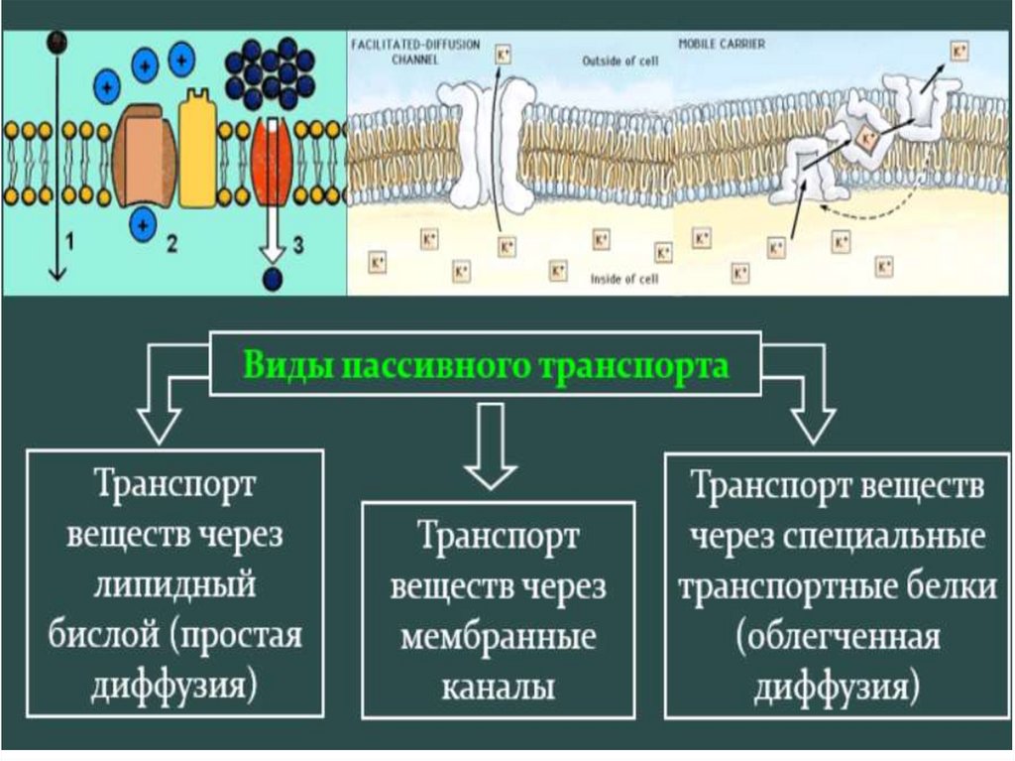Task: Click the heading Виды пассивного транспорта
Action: coord(486,365)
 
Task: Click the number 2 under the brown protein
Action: coord(170,244)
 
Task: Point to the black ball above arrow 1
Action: coord(57,41)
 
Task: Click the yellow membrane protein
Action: coord(198,149)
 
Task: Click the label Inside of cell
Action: coord(624,279)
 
